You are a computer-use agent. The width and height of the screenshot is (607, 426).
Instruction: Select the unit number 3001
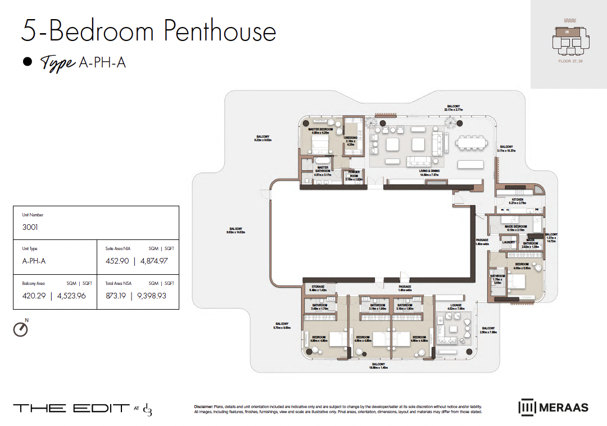(x=30, y=228)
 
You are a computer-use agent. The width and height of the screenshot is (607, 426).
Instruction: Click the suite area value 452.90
(x=117, y=261)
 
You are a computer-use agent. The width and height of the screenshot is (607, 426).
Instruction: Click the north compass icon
(x=20, y=329)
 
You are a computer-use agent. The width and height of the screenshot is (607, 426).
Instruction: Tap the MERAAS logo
(x=553, y=407)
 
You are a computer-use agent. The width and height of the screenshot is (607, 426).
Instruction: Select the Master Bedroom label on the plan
(x=320, y=129)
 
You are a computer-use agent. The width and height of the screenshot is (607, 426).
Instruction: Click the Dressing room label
(x=351, y=138)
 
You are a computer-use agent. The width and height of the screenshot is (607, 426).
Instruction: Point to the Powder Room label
(x=354, y=172)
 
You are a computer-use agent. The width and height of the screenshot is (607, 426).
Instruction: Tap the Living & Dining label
(x=429, y=171)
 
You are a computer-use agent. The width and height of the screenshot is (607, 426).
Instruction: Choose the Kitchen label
(x=517, y=200)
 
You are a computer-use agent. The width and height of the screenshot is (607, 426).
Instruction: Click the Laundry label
(x=509, y=242)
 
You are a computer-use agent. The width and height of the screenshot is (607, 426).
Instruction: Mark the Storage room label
(x=318, y=287)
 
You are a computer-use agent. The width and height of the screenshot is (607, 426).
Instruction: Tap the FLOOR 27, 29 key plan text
(x=570, y=60)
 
